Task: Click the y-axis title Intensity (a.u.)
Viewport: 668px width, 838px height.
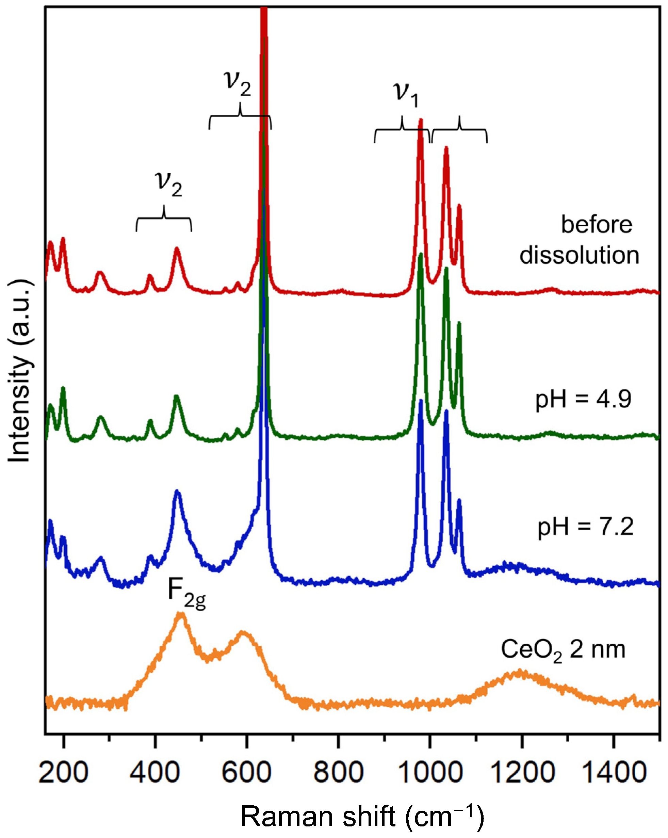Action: (19, 371)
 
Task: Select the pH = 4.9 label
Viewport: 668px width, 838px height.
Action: (583, 399)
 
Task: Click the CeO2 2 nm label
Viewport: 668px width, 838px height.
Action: (563, 649)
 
